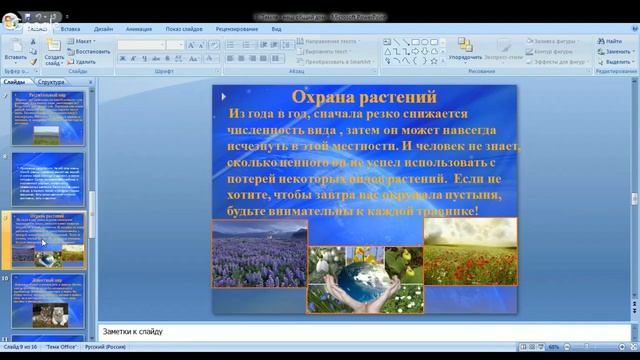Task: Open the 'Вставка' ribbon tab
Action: pyautogui.click(x=70, y=30)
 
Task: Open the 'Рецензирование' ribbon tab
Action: pyautogui.click(x=236, y=30)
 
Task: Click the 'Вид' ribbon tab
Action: pyautogui.click(x=276, y=30)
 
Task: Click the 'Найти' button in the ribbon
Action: pyautogui.click(x=612, y=41)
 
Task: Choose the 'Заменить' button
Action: pyautogui.click(x=613, y=50)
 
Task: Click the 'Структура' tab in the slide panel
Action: pyautogui.click(x=52, y=81)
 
